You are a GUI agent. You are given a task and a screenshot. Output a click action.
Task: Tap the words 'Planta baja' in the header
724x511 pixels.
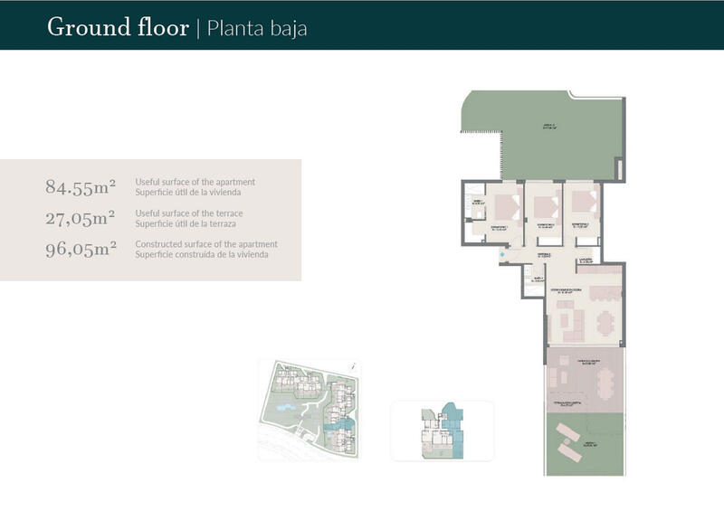pos(257,28)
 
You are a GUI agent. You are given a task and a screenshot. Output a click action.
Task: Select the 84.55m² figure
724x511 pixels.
pos(81,187)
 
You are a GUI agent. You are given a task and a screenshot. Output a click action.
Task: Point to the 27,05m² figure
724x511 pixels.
pos(81,218)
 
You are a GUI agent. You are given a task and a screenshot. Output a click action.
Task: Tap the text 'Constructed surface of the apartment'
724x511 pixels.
pos(206,244)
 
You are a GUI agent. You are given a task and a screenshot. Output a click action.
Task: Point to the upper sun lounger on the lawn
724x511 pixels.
pos(567,431)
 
